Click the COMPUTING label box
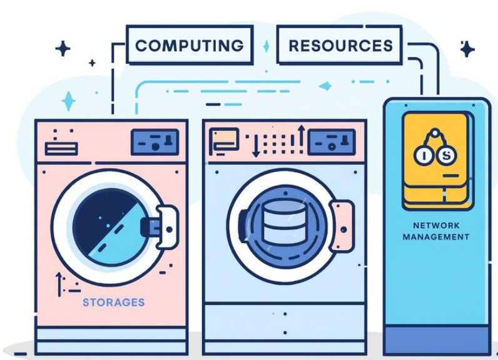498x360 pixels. pos(190,45)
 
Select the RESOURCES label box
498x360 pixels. pos(340,45)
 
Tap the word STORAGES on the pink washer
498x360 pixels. pos(113,302)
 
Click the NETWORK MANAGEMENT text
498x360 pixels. pos(436,231)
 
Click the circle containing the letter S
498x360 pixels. pos(445,155)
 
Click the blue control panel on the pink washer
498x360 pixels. pos(155,143)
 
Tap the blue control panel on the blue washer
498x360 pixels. pos(332,142)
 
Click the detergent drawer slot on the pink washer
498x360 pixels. pos(61,148)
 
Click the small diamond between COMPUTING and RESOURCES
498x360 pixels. pos(266,46)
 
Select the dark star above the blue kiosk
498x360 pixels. pos(467,49)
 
